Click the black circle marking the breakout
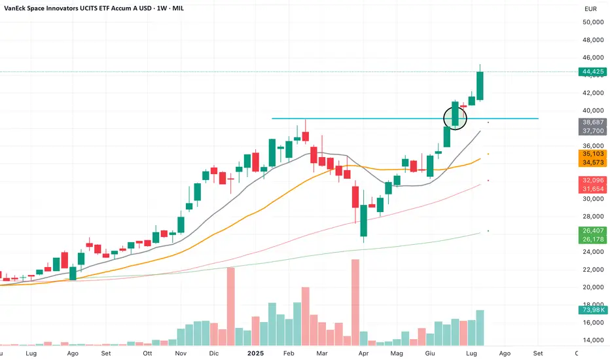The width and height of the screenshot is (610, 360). (456, 118)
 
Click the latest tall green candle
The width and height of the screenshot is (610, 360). (480, 86)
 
